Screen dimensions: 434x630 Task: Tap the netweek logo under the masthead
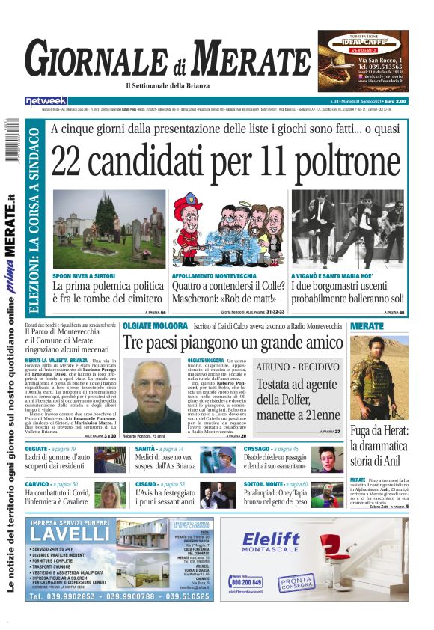point(46,100)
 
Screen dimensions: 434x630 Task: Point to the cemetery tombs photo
point(109,229)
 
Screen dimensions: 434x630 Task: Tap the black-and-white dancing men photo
point(349,229)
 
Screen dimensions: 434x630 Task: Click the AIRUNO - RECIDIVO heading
point(298,367)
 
